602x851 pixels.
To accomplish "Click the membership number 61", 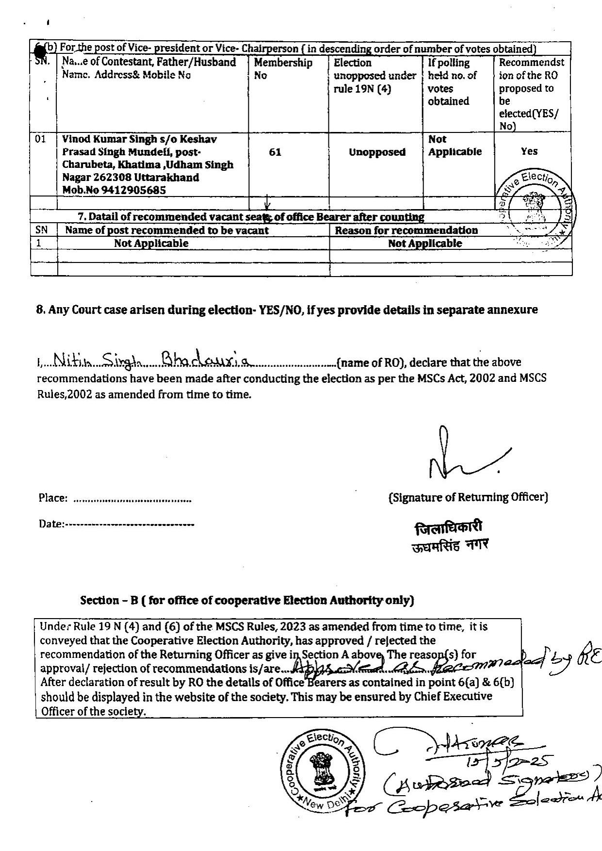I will click(x=275, y=152).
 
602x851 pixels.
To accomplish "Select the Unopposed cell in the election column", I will click(x=377, y=152).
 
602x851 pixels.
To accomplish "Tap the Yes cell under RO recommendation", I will click(x=529, y=151).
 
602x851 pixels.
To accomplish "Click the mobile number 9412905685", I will click(x=133, y=191).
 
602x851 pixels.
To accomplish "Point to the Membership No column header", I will click(x=283, y=69).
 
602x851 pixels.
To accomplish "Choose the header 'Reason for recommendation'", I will click(x=406, y=230).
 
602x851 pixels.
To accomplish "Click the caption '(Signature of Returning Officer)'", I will click(x=468, y=497).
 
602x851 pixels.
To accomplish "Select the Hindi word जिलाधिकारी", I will click(x=448, y=528).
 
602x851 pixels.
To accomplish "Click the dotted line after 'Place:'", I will click(x=132, y=499).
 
